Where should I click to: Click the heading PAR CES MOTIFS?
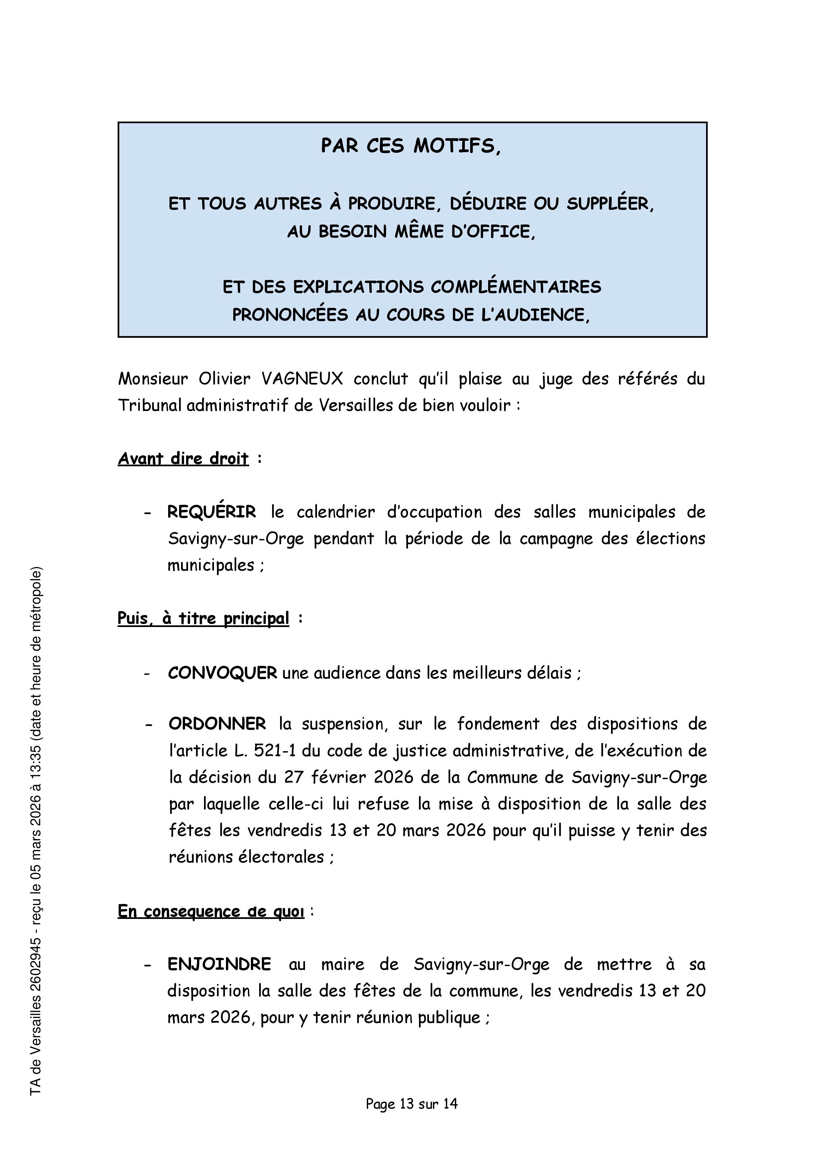pos(410,146)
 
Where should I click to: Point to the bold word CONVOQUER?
pos(223,673)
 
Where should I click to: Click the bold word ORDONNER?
pos(217,724)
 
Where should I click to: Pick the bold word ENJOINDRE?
pos(220,964)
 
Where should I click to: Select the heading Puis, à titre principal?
pos(203,618)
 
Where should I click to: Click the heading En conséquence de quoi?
pos(211,912)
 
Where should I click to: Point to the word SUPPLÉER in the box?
pos(610,204)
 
